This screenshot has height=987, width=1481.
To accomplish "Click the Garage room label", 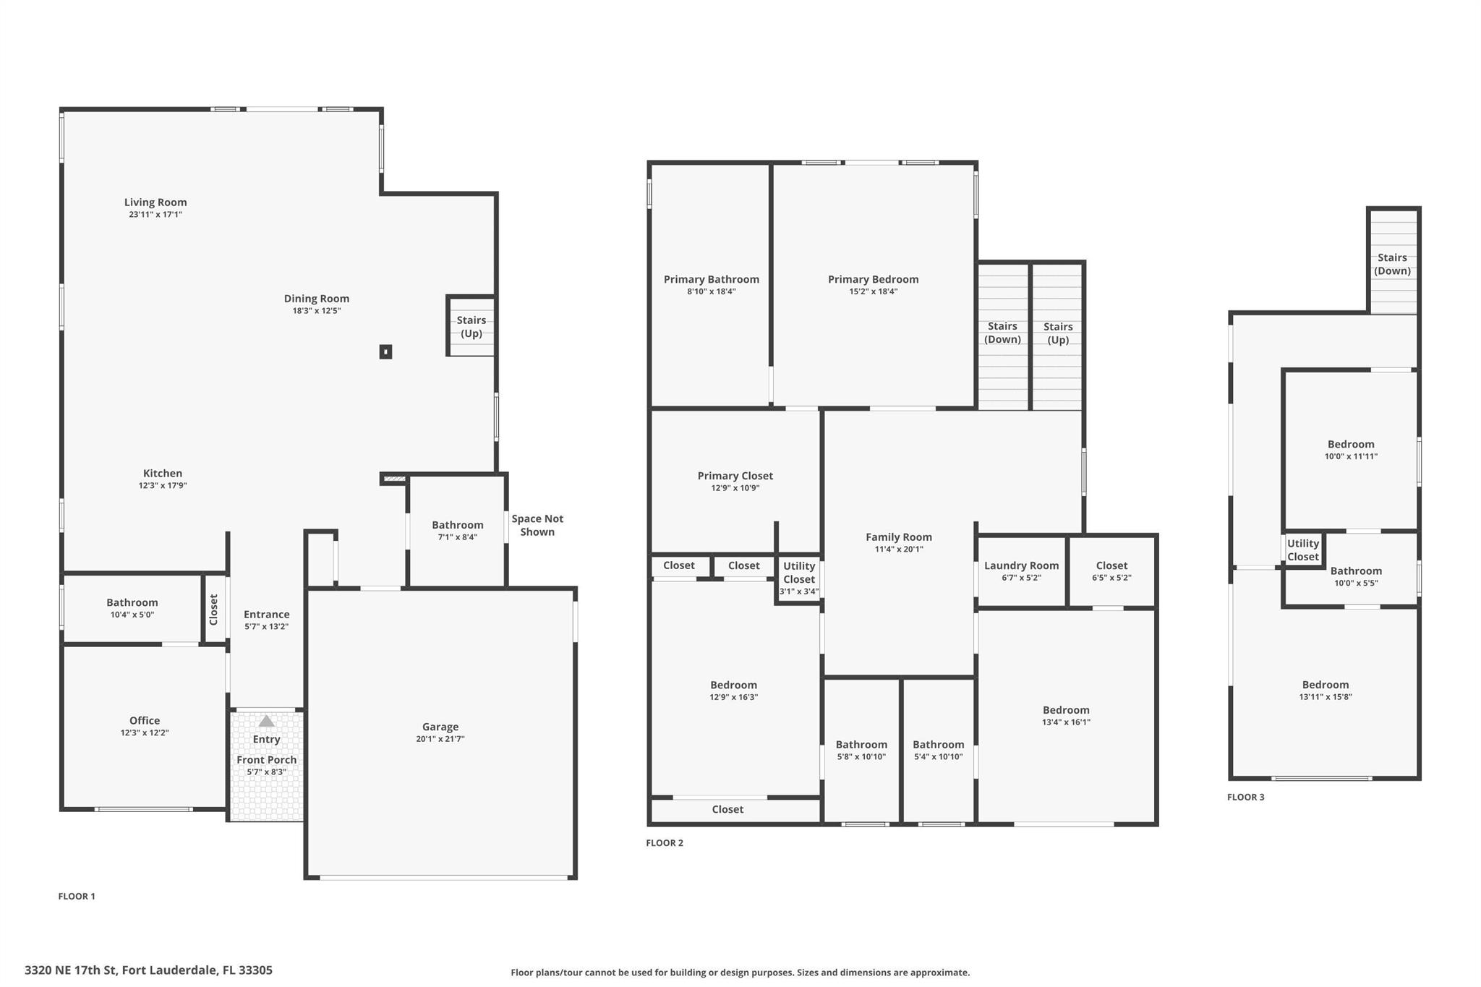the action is tap(440, 727).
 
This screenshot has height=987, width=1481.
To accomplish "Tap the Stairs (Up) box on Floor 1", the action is tap(471, 326).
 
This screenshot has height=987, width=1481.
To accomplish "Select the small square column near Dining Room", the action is tap(386, 352).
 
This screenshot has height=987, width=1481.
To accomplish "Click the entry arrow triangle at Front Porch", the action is tap(267, 721).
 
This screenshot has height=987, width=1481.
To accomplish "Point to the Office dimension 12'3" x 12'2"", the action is tap(145, 732).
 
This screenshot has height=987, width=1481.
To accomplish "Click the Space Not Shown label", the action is tap(537, 525).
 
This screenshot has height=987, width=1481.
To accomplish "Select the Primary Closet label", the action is tap(735, 476).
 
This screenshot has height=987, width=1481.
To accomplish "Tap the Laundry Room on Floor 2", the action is tap(1021, 571).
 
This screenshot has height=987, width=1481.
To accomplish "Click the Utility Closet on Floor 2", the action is tap(799, 578).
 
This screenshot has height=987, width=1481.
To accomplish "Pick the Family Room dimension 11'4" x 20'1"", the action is tap(899, 550).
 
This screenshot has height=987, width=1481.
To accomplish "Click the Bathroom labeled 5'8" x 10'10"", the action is tap(861, 750).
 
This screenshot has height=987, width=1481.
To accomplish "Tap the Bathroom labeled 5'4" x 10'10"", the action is tap(939, 750).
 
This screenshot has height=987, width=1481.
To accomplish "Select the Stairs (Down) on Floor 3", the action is tap(1393, 262).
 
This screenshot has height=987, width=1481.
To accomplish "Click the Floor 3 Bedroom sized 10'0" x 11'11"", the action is tap(1351, 450).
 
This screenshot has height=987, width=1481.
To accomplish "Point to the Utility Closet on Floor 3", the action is tap(1303, 550).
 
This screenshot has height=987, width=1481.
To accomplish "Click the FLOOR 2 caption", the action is tap(665, 842).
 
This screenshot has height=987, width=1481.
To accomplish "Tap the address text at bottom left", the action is tap(149, 970).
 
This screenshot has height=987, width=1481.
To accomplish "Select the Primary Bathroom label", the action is tap(712, 279).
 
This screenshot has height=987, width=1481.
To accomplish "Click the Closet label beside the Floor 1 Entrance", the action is tap(214, 610).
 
